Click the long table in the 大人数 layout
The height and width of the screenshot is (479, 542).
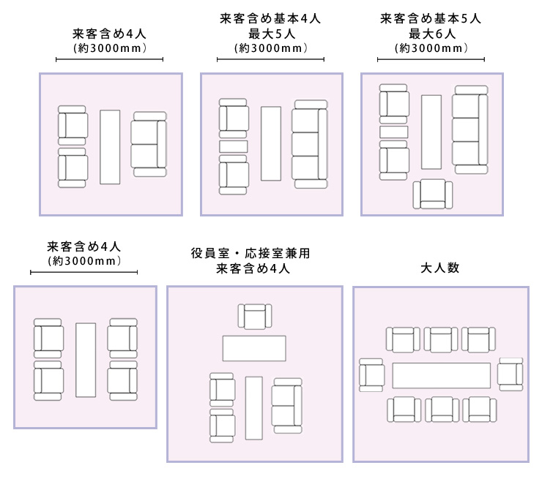click(441, 375)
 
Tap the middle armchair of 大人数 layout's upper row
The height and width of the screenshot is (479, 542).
click(441, 340)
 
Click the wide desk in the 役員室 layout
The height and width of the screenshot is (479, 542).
click(253, 347)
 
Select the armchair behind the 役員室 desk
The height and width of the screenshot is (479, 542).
click(254, 317)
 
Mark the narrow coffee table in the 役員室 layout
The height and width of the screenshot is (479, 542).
click(253, 407)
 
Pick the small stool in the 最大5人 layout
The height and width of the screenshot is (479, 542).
click(234, 146)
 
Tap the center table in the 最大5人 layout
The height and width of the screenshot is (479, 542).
click(270, 143)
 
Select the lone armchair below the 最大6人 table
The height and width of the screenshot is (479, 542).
click(433, 194)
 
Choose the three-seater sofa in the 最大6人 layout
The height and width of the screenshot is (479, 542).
click(469, 129)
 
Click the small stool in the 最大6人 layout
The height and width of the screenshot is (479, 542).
click(393, 132)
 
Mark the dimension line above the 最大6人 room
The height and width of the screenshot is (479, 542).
click(431, 60)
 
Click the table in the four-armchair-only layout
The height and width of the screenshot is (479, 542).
click(86, 359)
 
